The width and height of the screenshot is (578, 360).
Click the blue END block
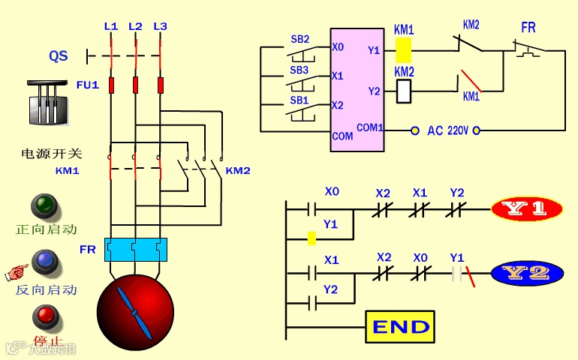pyautogui.click(x=400, y=327)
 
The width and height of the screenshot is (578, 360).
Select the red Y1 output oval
pyautogui.click(x=527, y=209)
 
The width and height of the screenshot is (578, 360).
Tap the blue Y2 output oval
pyautogui.click(x=527, y=273)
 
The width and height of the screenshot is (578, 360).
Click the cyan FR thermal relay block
pyautogui.click(x=135, y=249)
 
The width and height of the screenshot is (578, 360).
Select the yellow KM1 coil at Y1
pyautogui.click(x=403, y=49)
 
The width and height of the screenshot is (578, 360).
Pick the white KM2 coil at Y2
pyautogui.click(x=403, y=91)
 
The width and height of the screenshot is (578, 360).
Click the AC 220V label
pyautogui.click(x=447, y=130)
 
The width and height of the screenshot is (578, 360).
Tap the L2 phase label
pyautogui.click(x=135, y=26)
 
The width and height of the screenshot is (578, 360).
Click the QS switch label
pyautogui.click(x=58, y=55)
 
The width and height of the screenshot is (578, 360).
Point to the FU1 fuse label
pyautogui.click(x=87, y=85)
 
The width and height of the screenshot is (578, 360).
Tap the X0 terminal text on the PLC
pyautogui.click(x=338, y=47)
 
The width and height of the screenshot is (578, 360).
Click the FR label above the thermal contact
pyautogui.click(x=528, y=28)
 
